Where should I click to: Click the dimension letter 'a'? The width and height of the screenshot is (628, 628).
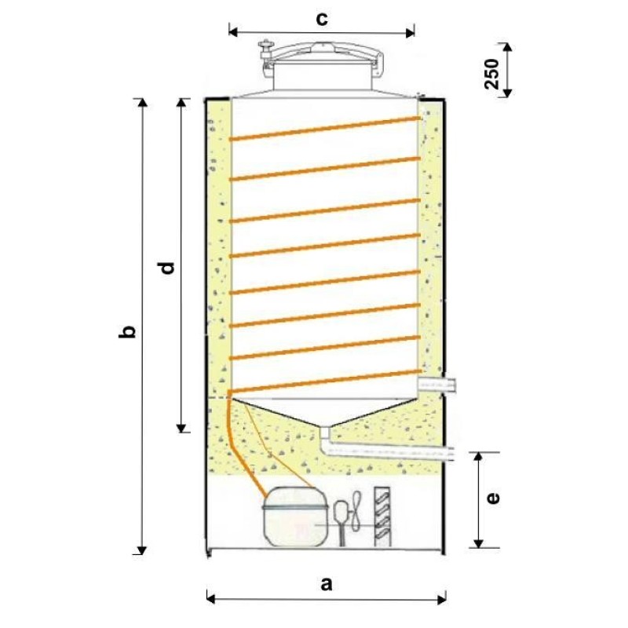tap(327, 584)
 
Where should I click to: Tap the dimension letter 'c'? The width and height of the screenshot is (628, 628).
tap(322, 18)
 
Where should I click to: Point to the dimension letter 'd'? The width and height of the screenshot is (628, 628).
tap(167, 267)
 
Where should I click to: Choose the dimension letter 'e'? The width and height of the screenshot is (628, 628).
tap(493, 498)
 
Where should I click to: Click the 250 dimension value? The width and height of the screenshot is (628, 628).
tap(492, 74)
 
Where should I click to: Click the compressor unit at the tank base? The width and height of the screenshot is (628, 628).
tap(296, 517)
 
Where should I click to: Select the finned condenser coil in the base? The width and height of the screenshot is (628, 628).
tap(382, 517)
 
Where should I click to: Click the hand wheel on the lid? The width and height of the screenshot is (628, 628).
tap(265, 44)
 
